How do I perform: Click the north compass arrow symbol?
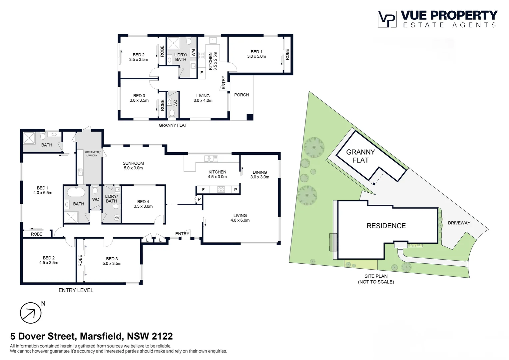(x=30, y=313)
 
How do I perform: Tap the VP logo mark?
(x=387, y=19)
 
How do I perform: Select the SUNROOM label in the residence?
(x=133, y=165)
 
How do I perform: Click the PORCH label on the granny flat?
(x=242, y=95)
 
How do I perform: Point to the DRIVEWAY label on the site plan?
(x=459, y=223)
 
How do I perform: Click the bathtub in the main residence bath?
(x=76, y=192)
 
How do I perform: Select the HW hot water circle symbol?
(x=117, y=218)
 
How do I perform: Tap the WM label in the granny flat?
(x=193, y=53)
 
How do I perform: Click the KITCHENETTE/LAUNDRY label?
(x=92, y=154)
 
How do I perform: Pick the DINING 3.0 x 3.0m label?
(x=260, y=175)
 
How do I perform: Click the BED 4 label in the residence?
(x=143, y=204)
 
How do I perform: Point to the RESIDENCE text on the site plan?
(x=386, y=226)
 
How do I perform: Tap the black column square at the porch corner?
(x=250, y=117)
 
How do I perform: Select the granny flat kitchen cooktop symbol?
(x=202, y=55)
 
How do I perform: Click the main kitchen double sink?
(x=211, y=159)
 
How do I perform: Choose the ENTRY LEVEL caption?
(x=76, y=290)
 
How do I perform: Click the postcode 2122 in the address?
(x=162, y=336)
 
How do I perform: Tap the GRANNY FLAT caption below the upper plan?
(x=173, y=125)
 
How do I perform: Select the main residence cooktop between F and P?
(x=221, y=190)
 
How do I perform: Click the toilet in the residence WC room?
(x=95, y=190)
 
